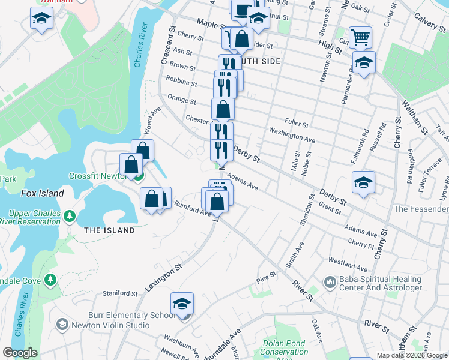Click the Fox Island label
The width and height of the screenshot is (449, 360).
pos(42,193)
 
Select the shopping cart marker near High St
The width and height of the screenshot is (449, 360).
pos(360,38)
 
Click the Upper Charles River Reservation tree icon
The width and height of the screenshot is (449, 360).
pos(70,215)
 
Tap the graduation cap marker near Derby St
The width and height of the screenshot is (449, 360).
pos(363,183)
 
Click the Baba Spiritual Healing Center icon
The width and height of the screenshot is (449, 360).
pos(330,281)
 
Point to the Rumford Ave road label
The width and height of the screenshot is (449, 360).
pos(192,208)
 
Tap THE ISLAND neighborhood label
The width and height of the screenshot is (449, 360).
pos(109,230)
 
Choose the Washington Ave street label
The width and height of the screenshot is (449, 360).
pos(292,135)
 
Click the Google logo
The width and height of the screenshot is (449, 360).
pos(20,353)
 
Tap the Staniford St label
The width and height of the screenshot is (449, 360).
pos(120,293)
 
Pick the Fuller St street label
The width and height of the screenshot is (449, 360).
pos(297,124)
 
